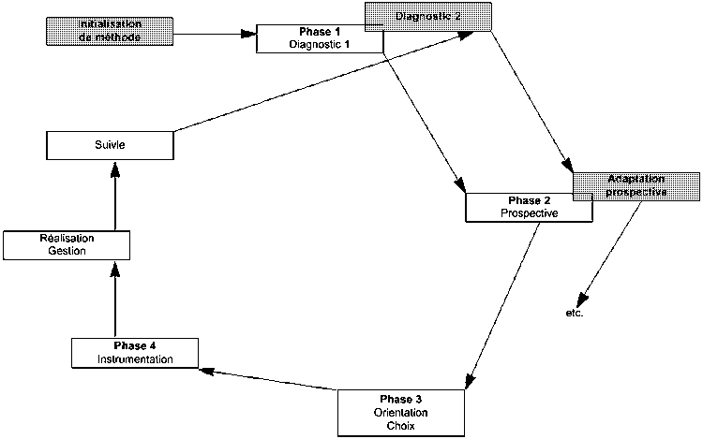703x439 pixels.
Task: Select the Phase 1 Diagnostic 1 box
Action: [x=320, y=37]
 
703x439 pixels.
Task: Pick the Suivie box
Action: [x=110, y=145]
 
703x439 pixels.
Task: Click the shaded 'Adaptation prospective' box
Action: [x=636, y=185]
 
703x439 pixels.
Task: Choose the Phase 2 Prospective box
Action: [x=529, y=207]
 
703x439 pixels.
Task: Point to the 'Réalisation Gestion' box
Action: [x=66, y=245]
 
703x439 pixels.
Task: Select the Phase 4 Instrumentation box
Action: [x=135, y=353]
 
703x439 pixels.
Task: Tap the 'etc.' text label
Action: [x=575, y=313]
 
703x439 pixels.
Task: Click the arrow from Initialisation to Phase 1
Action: [x=216, y=35]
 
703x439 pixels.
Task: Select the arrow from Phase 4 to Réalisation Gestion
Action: [x=114, y=300]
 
